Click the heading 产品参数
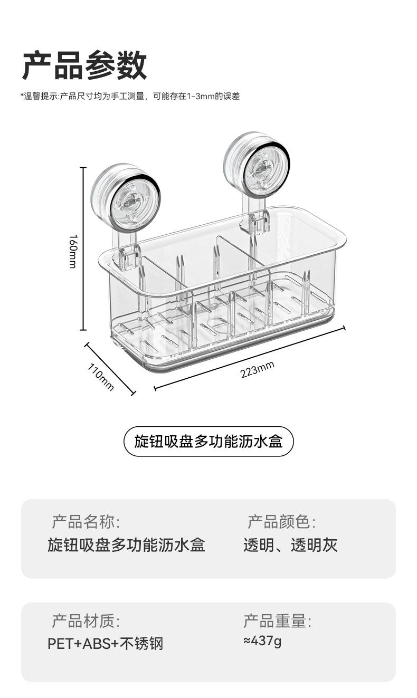(x=84, y=65)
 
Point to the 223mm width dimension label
(x=257, y=369)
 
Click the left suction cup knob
(x=125, y=198)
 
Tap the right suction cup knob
(x=257, y=165)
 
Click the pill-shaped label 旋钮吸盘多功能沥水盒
(x=208, y=442)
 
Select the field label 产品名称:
(x=86, y=522)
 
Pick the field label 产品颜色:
(x=282, y=522)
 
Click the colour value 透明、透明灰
(x=290, y=545)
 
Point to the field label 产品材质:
(x=86, y=621)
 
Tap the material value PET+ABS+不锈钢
(x=106, y=644)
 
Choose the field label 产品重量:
(x=278, y=621)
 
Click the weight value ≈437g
(x=262, y=641)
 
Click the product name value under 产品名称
(x=126, y=545)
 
